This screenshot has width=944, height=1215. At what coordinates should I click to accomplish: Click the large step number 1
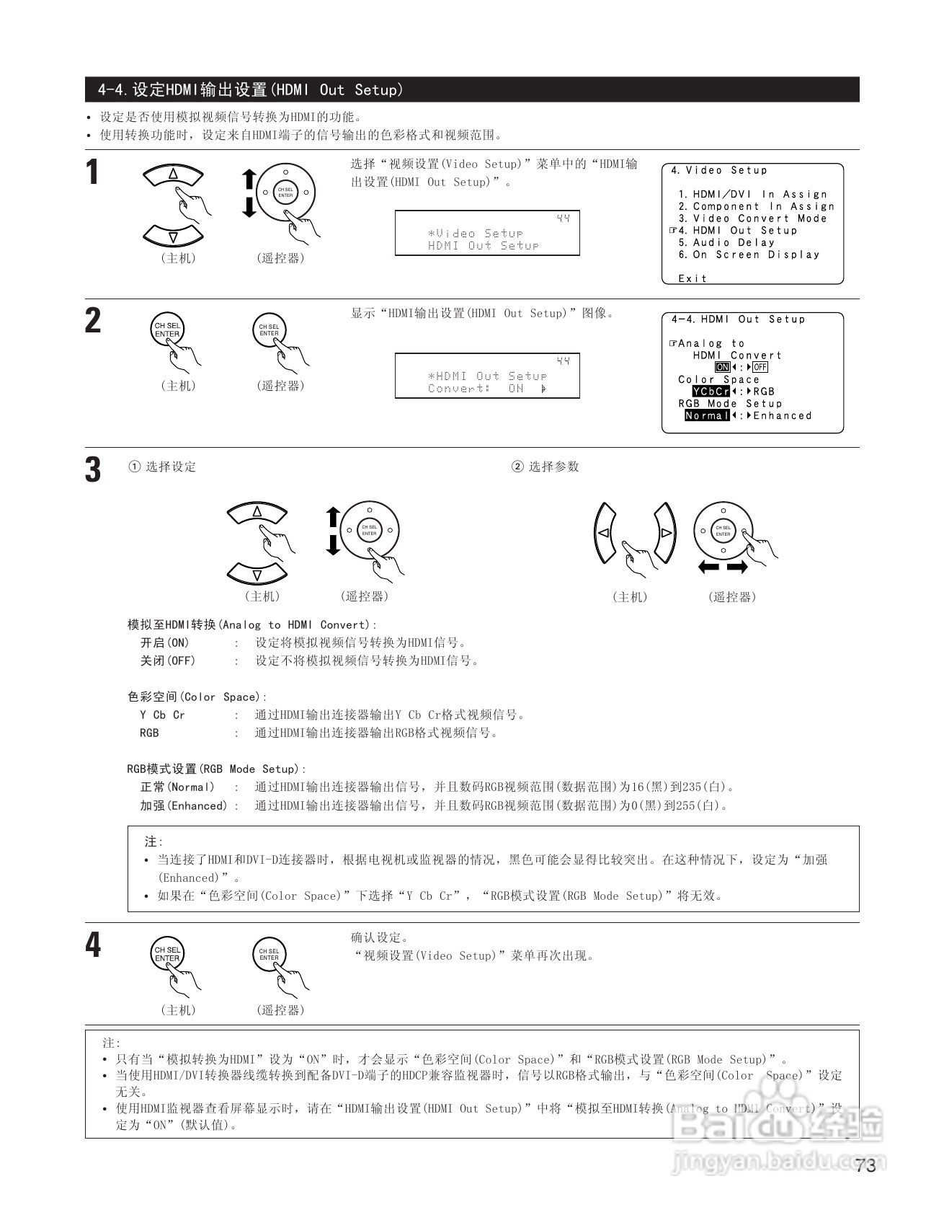(92, 173)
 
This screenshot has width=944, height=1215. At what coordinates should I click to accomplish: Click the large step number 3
(93, 469)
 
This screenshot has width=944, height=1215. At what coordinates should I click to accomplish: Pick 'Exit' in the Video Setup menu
(693, 278)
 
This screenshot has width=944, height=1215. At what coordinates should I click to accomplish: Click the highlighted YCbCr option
(711, 392)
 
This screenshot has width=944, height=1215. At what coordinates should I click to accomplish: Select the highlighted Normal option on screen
(706, 416)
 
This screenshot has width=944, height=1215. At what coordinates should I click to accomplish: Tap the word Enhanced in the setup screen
(783, 416)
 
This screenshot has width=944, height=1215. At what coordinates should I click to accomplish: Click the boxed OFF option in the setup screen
(760, 367)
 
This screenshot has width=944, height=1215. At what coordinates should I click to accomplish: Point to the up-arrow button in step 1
(173, 174)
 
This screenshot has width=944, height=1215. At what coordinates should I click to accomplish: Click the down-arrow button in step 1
(173, 236)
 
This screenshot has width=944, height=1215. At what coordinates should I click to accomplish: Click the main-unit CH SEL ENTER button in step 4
(167, 954)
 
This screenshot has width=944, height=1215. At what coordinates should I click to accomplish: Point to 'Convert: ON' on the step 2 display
(476, 389)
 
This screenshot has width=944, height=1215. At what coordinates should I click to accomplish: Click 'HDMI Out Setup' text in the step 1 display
(484, 246)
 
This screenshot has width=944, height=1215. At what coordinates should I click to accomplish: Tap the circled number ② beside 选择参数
(517, 467)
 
